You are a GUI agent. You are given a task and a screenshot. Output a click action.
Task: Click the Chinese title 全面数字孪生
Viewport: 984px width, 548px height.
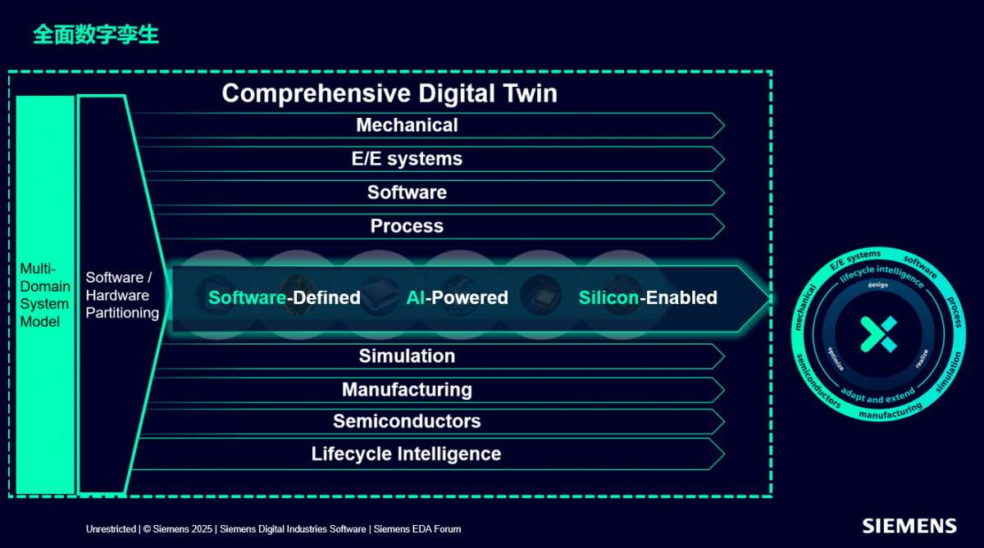[x=96, y=34]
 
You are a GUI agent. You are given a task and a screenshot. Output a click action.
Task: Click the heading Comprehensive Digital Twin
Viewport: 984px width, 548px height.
[x=389, y=93]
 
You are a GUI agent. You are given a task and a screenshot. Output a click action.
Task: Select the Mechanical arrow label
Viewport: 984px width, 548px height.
[x=407, y=125]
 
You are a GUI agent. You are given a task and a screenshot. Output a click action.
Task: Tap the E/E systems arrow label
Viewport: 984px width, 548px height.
[x=407, y=159]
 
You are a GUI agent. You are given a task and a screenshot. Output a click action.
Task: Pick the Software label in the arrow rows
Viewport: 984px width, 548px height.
[x=407, y=192]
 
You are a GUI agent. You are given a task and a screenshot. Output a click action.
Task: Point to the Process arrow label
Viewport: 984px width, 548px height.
[x=407, y=226]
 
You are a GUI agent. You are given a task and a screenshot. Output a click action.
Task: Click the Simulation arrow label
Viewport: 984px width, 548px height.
[x=407, y=356]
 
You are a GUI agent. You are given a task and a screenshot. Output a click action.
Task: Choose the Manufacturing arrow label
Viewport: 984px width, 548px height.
[x=407, y=390]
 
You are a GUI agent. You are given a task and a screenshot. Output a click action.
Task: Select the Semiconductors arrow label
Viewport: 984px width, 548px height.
[x=407, y=421]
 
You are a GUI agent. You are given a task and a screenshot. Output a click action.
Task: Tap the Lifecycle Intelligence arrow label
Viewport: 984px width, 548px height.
[x=407, y=454]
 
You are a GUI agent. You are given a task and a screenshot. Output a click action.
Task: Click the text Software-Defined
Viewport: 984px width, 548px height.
[x=285, y=298]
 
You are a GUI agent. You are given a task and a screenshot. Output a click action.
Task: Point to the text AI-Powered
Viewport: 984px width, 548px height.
[x=458, y=298]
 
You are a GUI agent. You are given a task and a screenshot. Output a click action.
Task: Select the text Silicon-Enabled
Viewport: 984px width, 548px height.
[x=648, y=298]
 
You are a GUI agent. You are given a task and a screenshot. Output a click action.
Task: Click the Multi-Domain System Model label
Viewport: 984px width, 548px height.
[x=44, y=295]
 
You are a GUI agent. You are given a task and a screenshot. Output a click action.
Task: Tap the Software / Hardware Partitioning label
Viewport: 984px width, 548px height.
[x=122, y=295]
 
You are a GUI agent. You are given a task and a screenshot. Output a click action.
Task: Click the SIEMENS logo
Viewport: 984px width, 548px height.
[x=909, y=526]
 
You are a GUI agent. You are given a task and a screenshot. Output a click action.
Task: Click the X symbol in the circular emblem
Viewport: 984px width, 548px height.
[x=878, y=334]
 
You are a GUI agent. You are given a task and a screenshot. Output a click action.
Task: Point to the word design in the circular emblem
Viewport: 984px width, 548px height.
[x=877, y=285]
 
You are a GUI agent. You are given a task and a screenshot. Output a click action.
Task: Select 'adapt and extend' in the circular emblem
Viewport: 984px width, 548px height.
[x=877, y=396]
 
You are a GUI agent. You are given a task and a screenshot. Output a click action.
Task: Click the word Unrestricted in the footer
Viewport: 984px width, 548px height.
[x=112, y=529]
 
